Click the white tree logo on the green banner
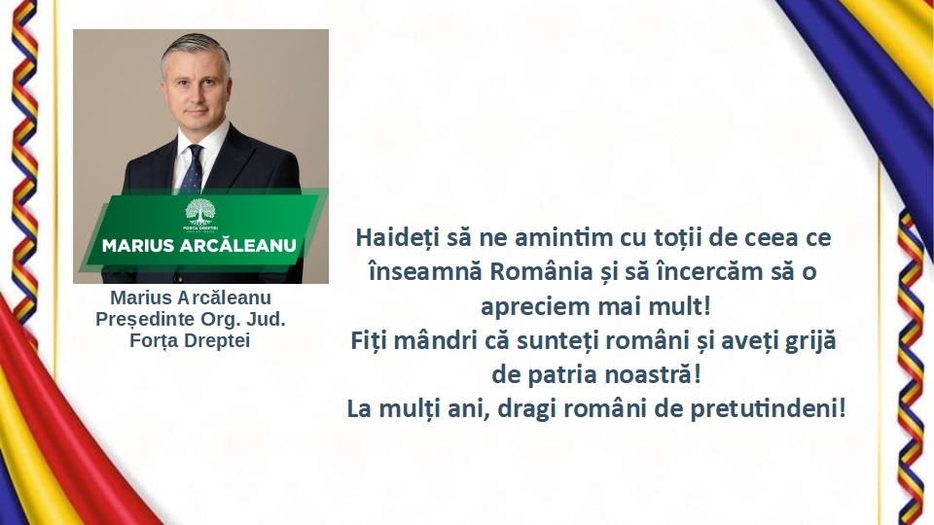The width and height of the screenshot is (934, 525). coord(200,212)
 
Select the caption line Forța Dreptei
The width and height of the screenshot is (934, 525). coord(190,340)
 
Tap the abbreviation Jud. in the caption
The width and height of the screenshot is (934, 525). coord(266,319)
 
